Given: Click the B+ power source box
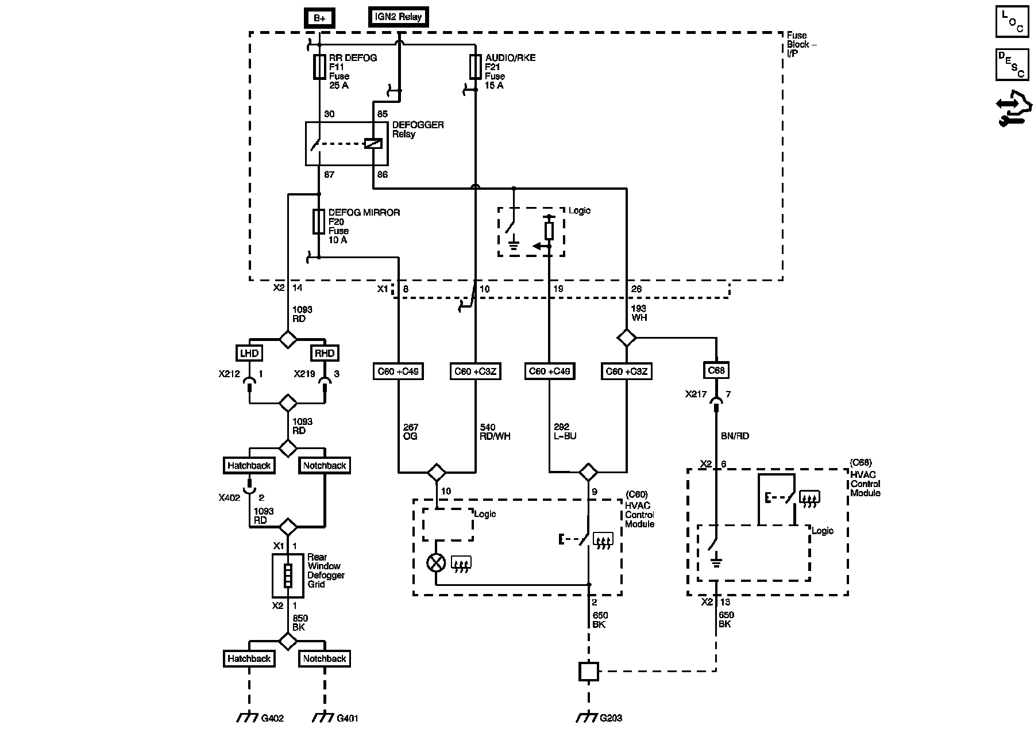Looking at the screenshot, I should pos(319,18).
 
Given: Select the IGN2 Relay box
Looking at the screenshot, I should pos(398,17).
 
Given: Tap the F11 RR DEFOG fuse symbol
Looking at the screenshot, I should pos(319,67).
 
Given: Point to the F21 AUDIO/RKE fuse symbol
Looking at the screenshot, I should pos(475,67).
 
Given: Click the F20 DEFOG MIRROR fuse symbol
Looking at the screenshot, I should pos(319,221).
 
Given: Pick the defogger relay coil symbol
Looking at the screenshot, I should pos(373,143).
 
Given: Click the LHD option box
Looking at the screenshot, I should pos(249,353).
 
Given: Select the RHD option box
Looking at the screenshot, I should pos(325,353).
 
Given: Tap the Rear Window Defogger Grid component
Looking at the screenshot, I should pos(288,576).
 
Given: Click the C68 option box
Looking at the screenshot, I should pos(716,371).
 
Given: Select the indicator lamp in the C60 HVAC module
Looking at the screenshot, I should pos(436,562).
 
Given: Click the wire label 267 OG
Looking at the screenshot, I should pos(411,432).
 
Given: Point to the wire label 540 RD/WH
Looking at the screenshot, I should pos(495,432).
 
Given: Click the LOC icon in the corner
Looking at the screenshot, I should pos(1012,21).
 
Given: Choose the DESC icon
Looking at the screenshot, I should pos(1012,64).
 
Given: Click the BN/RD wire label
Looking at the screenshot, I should pos(735,436).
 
